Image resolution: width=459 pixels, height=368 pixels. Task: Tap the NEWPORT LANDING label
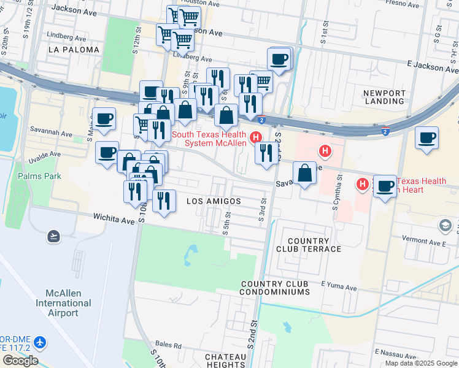pos(385,98)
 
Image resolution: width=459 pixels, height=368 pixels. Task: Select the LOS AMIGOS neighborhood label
pos(213,201)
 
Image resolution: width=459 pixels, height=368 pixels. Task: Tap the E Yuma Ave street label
pos(339,287)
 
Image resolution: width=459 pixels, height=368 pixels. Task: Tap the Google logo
pos(20,361)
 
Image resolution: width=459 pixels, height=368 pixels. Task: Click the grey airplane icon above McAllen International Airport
pos(54,236)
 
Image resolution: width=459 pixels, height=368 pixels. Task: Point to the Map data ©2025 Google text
pos(420,363)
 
